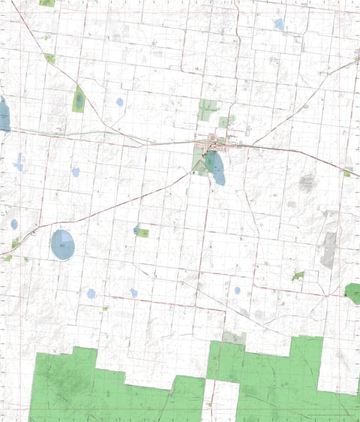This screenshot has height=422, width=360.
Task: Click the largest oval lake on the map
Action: (x=63, y=245)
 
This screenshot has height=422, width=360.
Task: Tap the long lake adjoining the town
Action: (x=216, y=168)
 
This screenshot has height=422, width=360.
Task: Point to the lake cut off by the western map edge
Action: (x=4, y=115)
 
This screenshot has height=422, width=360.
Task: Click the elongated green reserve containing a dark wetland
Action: (x=79, y=99)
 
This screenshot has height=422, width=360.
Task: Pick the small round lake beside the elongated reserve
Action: (x=119, y=102)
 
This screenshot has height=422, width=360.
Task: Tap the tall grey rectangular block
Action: (x=328, y=250)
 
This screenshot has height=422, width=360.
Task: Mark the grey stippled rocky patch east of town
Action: (x=307, y=181)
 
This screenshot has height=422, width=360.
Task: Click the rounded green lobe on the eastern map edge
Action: (x=352, y=293)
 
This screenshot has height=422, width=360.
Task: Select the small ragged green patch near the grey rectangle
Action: (x=298, y=276)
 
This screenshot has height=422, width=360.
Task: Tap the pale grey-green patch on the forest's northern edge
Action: (x=234, y=338)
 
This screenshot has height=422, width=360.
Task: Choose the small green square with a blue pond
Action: (x=140, y=231)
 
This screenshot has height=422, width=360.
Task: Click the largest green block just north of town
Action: (x=208, y=110)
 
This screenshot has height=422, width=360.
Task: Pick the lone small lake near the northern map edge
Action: (x=279, y=24)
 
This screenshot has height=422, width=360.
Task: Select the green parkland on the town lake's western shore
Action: (x=200, y=159)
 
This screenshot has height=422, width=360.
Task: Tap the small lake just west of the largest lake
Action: (x=14, y=224)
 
